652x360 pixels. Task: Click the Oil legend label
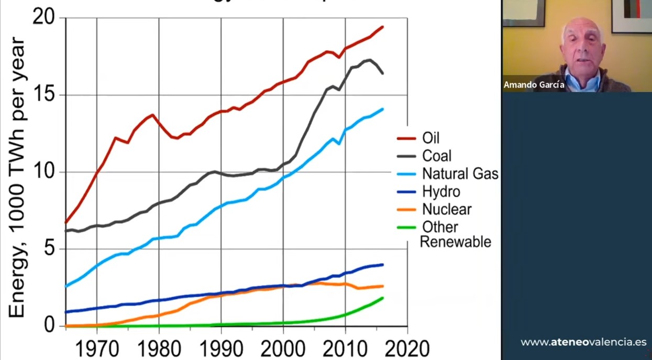tap(431, 138)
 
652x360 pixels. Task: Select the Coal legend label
tap(437, 156)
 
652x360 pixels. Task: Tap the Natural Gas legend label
tap(460, 173)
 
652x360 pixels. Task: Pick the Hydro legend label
tap(441, 191)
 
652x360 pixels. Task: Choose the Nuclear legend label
tap(447, 209)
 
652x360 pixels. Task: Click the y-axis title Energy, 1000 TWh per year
tap(17, 177)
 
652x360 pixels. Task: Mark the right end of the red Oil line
tap(383, 27)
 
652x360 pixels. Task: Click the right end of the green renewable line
tap(383, 298)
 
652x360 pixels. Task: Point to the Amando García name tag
tap(534, 84)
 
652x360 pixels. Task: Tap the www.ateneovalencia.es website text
tap(583, 342)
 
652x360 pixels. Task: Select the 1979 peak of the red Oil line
tap(152, 115)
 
